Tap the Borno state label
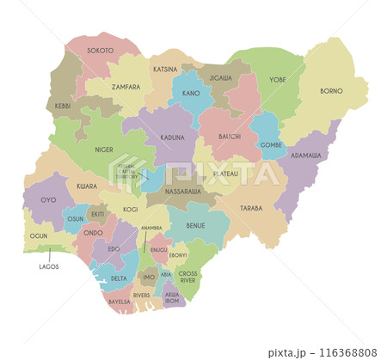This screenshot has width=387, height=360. (x=331, y=90)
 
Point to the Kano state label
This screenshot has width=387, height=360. (x=191, y=92)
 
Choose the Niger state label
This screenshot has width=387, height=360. (x=104, y=149)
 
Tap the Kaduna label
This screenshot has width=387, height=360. (x=172, y=137)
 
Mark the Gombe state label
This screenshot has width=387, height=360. (x=271, y=144)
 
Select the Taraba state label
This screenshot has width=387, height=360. (x=251, y=208)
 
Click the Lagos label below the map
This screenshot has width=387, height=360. (x=49, y=266)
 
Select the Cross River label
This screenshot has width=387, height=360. (x=187, y=277)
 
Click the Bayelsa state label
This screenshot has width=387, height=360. (x=119, y=302)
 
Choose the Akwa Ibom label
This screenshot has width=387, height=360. (x=173, y=298)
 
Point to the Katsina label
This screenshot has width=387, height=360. (x=165, y=69)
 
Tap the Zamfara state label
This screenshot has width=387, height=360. (x=113, y=87)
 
